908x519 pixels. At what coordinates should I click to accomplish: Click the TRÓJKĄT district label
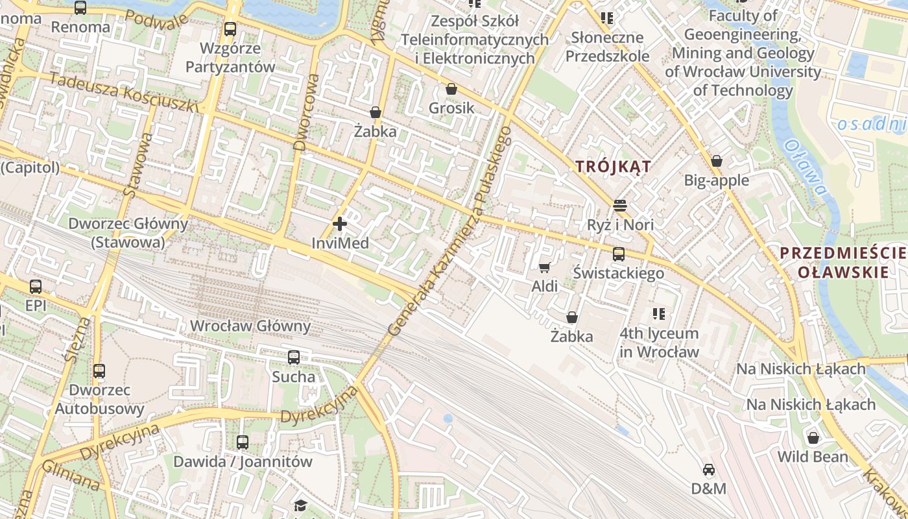(613, 167)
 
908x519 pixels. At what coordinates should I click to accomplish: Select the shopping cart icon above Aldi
(545, 267)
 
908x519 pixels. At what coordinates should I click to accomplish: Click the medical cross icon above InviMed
(340, 224)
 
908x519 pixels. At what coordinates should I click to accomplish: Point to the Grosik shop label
(451, 108)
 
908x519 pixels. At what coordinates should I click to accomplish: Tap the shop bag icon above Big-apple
(717, 160)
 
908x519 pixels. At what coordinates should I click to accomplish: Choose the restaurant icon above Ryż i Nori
(620, 206)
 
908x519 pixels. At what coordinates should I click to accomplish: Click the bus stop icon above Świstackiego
(619, 254)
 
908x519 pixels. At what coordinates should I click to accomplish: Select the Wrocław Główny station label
(250, 326)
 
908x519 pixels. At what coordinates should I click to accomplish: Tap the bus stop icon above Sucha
(294, 357)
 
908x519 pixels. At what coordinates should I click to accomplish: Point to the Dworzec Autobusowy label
(99, 400)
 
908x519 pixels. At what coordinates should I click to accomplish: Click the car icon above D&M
(709, 469)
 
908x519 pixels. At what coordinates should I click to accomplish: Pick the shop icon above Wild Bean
(813, 437)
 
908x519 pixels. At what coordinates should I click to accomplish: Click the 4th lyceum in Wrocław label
(660, 343)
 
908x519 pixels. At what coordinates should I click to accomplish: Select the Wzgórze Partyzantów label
(230, 57)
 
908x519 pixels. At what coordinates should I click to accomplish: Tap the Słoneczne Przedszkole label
(607, 47)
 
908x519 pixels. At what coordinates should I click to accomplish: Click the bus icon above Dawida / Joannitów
(243, 442)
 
